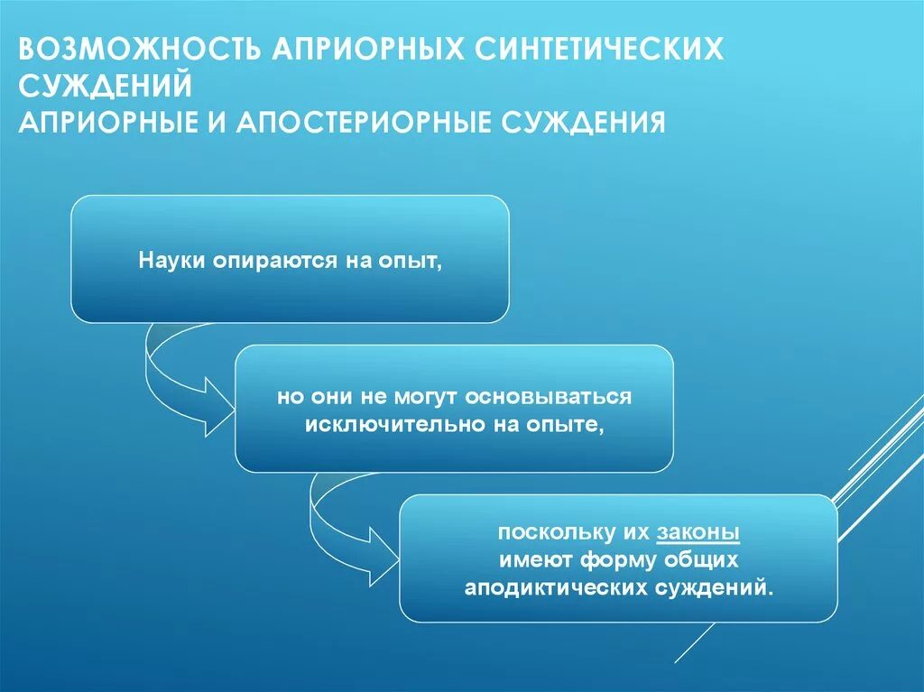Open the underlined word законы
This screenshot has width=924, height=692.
tap(698, 533)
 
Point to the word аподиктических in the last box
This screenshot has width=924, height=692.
tap(552, 587)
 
